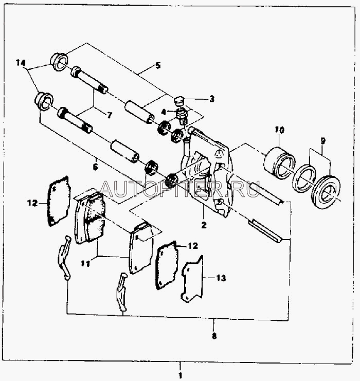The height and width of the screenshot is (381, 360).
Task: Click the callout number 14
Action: [21, 63]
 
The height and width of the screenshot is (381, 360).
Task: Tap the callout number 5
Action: [158, 65]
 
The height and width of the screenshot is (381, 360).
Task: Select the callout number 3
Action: [212, 99]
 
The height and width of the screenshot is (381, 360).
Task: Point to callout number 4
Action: [164, 112]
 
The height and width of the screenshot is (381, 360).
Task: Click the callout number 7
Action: [110, 115]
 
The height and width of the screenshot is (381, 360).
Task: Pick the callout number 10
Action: [280, 130]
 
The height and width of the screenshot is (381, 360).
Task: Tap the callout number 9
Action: [322, 141]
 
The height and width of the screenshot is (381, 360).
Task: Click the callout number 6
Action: [95, 167]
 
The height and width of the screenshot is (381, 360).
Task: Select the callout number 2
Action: [204, 225]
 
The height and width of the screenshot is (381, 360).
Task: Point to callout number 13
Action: [221, 278]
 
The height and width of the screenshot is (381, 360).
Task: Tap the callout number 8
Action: [214, 336]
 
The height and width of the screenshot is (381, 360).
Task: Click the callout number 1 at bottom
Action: [180, 375]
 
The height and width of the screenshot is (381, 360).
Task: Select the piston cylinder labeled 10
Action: [280, 162]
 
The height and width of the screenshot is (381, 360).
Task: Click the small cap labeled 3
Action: [180, 101]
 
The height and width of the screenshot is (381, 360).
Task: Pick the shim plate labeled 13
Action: [192, 279]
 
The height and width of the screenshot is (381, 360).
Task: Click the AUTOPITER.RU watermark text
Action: [180, 189]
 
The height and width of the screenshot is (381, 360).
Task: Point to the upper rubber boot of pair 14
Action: [59, 62]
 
